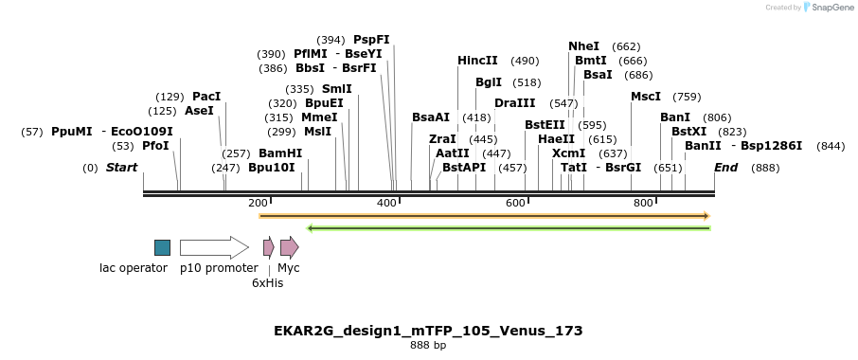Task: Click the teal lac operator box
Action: tap(163, 247)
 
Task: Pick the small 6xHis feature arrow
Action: tap(269, 248)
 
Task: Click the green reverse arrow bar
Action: tap(509, 227)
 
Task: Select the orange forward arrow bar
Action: tap(484, 216)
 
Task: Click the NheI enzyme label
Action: tap(583, 46)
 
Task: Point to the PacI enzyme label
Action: tap(206, 97)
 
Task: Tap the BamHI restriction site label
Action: tap(280, 153)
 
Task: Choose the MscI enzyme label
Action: tap(646, 97)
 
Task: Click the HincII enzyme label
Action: tap(477, 61)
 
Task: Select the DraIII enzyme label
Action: tap(514, 103)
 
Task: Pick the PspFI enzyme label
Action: tap(371, 40)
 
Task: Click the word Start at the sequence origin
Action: tap(121, 168)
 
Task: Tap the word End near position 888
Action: tap(725, 168)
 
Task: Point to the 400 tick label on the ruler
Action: tap(386, 204)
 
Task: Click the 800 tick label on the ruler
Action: tap(643, 204)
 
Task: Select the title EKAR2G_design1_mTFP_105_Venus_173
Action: tap(428, 331)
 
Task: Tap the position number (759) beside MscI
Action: tap(687, 97)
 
